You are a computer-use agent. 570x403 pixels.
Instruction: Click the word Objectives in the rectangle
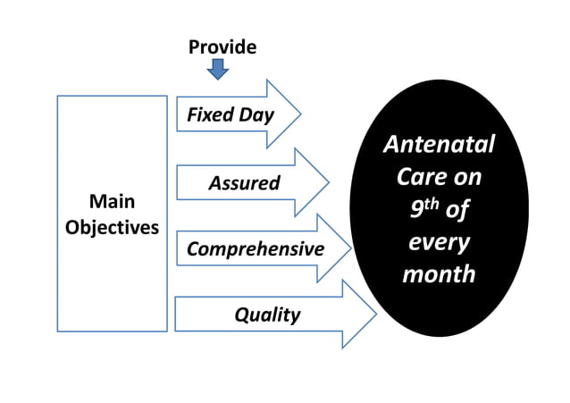tap(112, 226)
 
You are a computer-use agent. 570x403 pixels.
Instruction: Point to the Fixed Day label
tap(230, 115)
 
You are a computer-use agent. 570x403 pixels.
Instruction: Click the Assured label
tap(244, 183)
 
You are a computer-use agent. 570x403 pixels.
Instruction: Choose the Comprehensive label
tap(255, 248)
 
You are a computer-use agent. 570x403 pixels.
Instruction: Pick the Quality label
tap(267, 315)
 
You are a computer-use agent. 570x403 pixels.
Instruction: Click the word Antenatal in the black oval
tap(438, 144)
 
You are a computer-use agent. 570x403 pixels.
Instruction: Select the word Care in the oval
tap(416, 176)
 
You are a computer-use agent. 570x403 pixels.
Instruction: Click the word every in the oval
tap(438, 241)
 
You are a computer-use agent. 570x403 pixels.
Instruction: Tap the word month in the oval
tap(438, 273)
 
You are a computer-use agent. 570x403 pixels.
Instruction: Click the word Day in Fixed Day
tap(256, 115)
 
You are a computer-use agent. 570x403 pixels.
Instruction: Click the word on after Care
tap(465, 176)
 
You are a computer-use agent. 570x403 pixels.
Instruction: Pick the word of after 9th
tap(456, 209)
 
